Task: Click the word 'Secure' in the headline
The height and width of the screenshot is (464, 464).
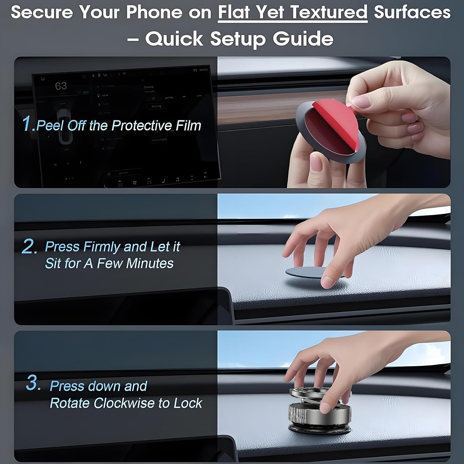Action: point(42,12)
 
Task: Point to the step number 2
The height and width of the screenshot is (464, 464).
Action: point(29,247)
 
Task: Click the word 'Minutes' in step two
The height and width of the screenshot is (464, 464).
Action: point(150,264)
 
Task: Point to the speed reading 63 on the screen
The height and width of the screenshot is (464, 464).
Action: point(61,86)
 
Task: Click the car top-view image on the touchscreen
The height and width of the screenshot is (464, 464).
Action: point(66,130)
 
